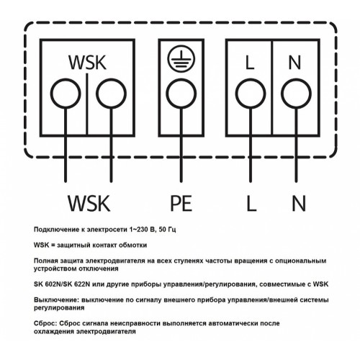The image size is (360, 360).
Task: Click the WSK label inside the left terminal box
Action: [x=87, y=63]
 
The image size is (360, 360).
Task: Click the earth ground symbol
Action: [x=181, y=58]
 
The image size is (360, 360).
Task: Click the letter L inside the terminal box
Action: [x=250, y=63]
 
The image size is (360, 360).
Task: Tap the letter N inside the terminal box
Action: [x=294, y=63]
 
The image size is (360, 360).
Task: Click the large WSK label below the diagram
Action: [x=89, y=203]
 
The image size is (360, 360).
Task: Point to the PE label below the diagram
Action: [x=181, y=203]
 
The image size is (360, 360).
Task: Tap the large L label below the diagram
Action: [x=251, y=203]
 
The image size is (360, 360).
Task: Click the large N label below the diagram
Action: [x=299, y=203]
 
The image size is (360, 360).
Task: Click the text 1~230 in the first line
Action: [x=138, y=230]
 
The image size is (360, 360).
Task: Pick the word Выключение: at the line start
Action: [x=56, y=300]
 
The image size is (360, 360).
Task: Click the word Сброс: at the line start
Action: [x=45, y=323]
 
